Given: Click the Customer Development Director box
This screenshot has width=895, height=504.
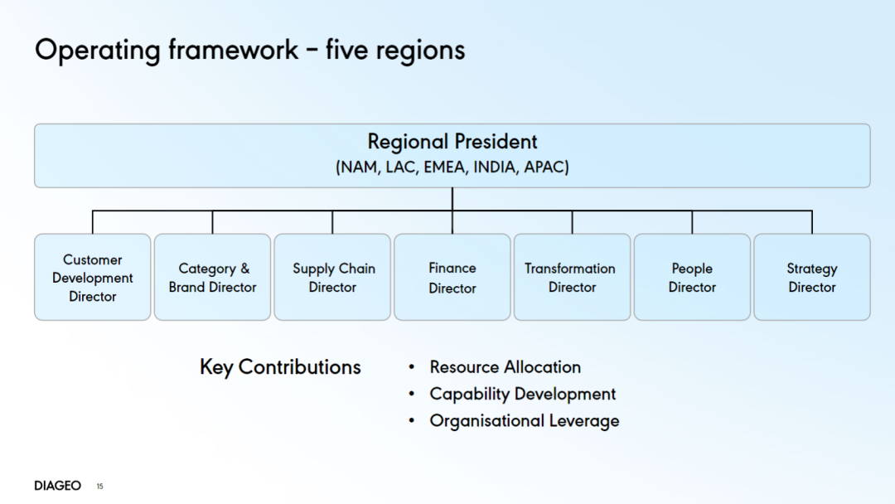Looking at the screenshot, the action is coord(93,277).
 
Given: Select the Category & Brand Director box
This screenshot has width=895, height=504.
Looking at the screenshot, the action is coord(212,277).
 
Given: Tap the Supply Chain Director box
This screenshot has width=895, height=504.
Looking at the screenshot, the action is coord(332,277).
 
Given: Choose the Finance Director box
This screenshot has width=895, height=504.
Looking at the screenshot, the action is coord(452,277).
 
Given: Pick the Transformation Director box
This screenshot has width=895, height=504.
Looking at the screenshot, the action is coord(572,277).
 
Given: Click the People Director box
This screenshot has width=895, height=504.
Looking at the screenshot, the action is coord(692,277).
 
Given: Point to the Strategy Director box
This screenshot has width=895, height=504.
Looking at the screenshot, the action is coord(811,277).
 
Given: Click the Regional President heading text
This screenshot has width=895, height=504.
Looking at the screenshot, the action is coord(452,142).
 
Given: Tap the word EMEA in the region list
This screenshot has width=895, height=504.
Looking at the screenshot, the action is coord(444,167).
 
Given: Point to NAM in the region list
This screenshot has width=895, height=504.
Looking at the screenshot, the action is coord(359,167).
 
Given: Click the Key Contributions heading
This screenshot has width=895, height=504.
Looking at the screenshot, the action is coord(280,367).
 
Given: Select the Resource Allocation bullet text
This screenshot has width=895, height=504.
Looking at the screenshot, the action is coord(506,367).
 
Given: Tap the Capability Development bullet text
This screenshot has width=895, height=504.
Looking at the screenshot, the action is coord(522,394).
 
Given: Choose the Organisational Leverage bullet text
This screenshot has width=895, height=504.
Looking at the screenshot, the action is coord(524,420).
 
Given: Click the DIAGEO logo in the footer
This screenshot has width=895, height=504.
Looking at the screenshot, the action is coord(58,486).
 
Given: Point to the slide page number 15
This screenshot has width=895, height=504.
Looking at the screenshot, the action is coord(100,487).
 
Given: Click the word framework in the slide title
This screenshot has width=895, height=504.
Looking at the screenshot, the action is coord(233,50).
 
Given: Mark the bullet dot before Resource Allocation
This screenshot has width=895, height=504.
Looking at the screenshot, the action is coord(412,367).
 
